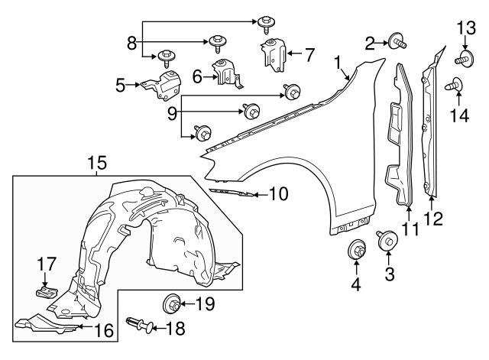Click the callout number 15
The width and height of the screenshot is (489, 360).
click(96, 162)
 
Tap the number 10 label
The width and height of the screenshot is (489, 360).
click(278, 194)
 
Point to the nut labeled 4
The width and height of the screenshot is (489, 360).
click(356, 249)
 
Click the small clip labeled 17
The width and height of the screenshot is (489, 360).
click(47, 290)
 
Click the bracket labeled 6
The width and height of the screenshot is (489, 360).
click(225, 73)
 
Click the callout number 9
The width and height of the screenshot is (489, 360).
click(173, 113)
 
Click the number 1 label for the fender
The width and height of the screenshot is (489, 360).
click(337, 60)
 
